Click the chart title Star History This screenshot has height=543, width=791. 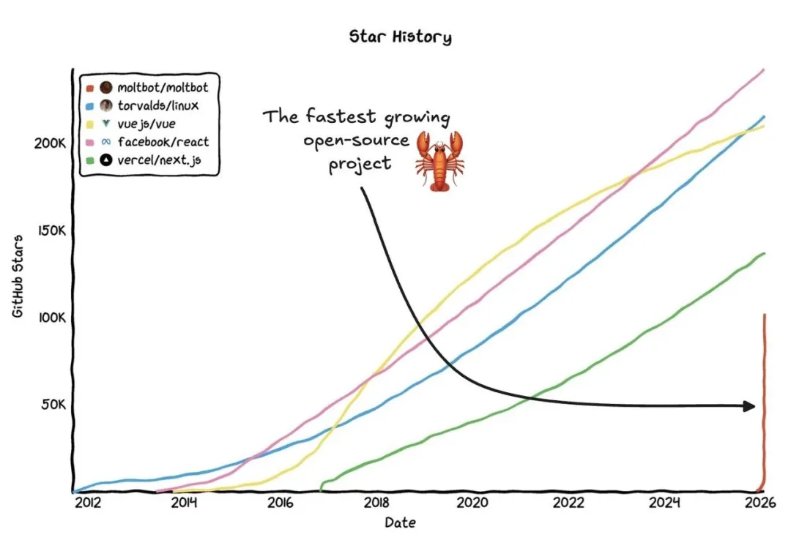(400, 37)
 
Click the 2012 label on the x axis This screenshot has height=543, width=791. (87, 503)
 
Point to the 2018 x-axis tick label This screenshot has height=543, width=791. (376, 503)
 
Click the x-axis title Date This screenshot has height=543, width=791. (400, 523)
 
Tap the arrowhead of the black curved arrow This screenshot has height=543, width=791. (749, 406)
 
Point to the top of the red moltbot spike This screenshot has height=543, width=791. (764, 316)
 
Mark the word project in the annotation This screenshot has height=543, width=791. (360, 164)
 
